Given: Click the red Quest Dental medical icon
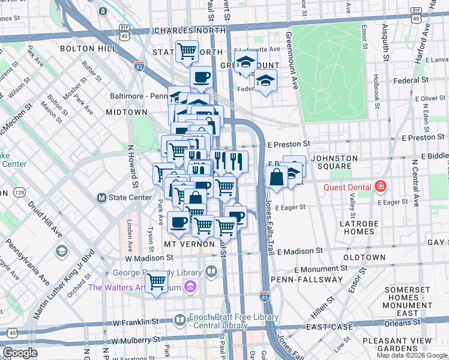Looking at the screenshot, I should (x=379, y=187).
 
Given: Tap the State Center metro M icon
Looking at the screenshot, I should (x=101, y=197).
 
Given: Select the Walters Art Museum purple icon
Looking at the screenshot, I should (x=191, y=287).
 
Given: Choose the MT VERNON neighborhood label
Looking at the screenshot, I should (x=189, y=245).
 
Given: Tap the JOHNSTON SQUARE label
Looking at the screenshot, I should (x=335, y=162).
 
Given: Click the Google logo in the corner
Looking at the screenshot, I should (x=20, y=353).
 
